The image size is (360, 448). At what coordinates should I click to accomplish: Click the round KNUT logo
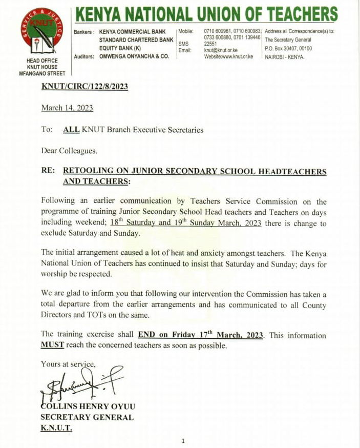pos(41,32)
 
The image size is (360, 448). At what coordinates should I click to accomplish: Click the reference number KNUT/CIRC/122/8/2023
pos(84,86)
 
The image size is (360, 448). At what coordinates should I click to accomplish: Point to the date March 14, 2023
pos(67,108)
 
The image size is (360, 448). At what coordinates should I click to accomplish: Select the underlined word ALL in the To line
pos(71,130)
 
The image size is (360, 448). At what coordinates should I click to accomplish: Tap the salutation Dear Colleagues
pos(69,151)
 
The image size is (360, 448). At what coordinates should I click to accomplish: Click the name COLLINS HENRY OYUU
pos(88,406)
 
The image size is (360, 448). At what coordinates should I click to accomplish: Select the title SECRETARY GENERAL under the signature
pos(87,417)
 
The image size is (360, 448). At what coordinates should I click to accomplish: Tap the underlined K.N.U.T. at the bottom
pos(56,428)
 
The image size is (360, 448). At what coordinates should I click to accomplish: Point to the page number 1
pos(183,441)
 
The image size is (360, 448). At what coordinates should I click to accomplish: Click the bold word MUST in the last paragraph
pos(52,345)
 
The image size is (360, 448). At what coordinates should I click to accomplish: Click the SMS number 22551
pos(211,44)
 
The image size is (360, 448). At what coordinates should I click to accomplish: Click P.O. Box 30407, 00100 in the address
pos(288,48)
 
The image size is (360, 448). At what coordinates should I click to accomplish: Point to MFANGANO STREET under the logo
pos(41,74)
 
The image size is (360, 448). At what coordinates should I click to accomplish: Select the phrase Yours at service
pos(68,364)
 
